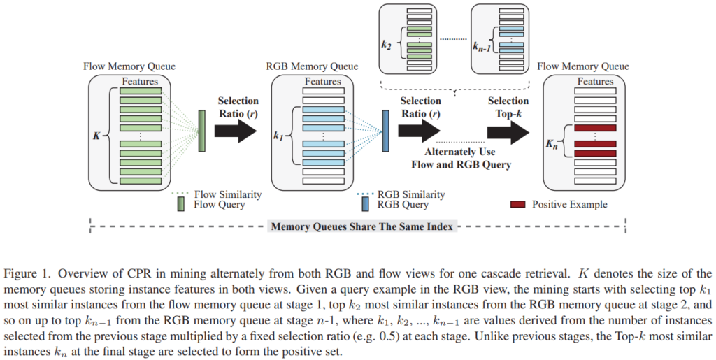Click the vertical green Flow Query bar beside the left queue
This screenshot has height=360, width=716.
(x=201, y=131)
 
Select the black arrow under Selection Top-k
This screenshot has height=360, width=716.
(x=508, y=130)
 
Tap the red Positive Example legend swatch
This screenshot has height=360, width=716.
(x=520, y=205)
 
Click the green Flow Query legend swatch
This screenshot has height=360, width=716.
(x=182, y=204)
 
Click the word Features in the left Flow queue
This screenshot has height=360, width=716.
(x=141, y=82)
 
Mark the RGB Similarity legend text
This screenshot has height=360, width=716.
(x=411, y=194)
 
